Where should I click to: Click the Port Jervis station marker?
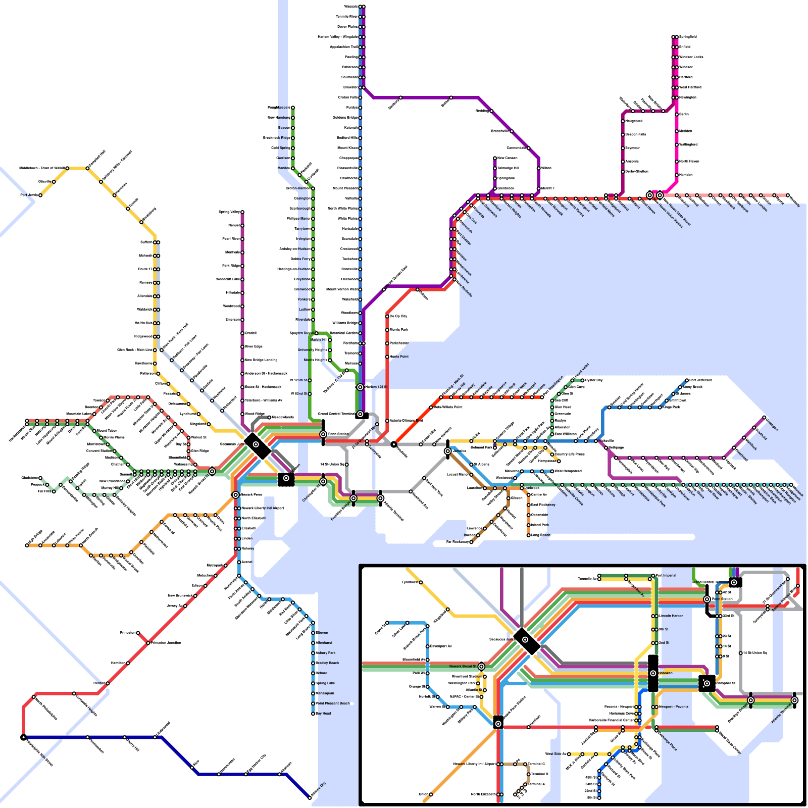[x=40, y=195]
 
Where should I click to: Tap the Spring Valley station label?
[x=229, y=212]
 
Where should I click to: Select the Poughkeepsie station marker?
[x=292, y=108]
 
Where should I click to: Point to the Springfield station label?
[x=688, y=37]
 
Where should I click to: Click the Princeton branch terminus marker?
[x=138, y=633]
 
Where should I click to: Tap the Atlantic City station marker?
[x=310, y=798]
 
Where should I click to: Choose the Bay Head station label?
[x=323, y=714]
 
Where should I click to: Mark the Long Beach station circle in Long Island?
[x=529, y=535]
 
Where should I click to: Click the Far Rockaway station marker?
[x=471, y=542]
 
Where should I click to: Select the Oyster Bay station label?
[x=593, y=380]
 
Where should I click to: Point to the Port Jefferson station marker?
[x=687, y=380]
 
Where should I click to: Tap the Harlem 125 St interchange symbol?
[x=360, y=387]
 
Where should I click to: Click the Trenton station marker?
[x=108, y=683]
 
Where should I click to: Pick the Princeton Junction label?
[x=166, y=643]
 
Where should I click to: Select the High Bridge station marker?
[x=27, y=545]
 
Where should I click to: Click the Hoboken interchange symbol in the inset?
[x=653, y=673]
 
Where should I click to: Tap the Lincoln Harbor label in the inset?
[x=671, y=616]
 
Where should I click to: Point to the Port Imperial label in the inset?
[x=666, y=576]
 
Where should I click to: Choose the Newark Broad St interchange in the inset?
[x=481, y=667]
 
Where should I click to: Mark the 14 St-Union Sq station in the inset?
[x=741, y=653]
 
